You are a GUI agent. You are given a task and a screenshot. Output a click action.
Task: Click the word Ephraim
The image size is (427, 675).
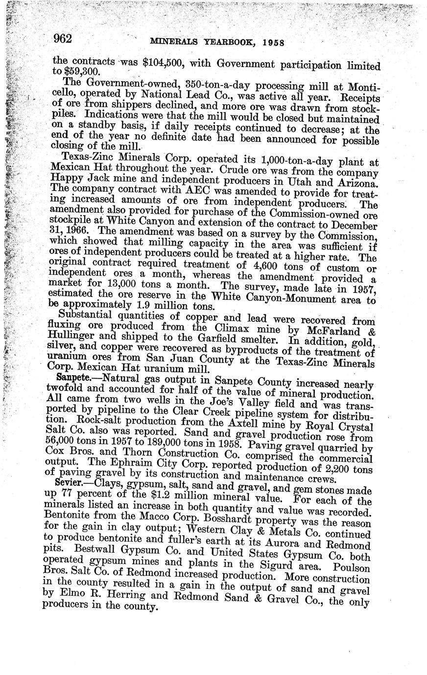(x=117, y=464)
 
